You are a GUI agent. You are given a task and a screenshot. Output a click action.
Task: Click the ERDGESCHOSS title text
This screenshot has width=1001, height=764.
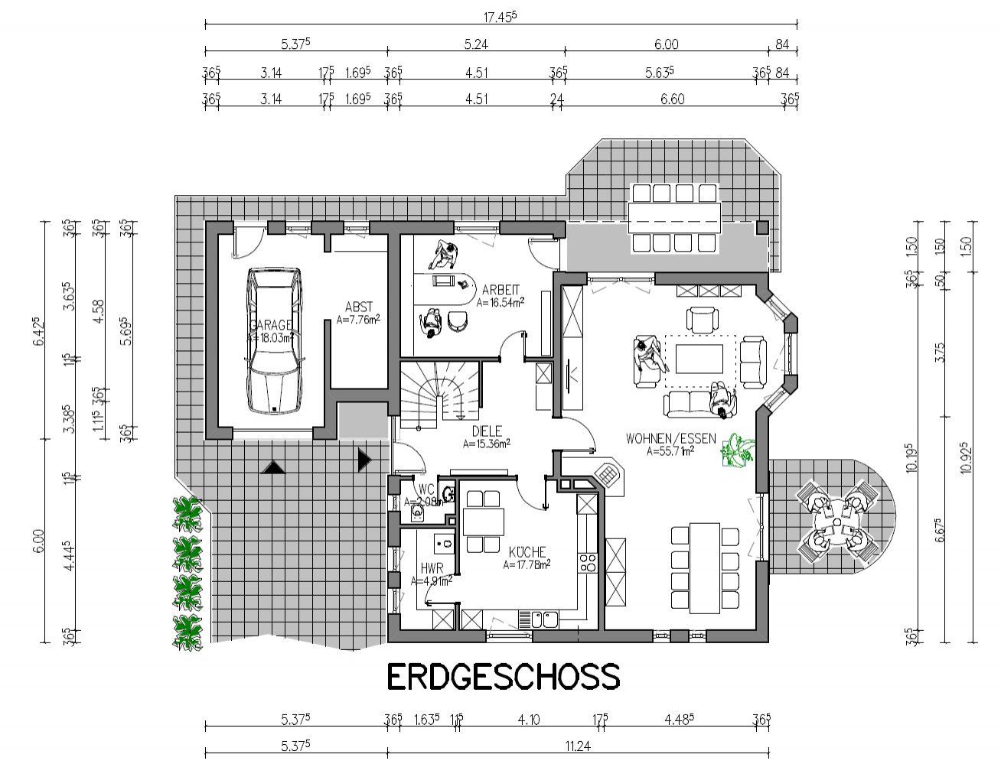502,677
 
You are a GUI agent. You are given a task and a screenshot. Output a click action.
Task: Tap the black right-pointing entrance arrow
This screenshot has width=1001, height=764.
364,460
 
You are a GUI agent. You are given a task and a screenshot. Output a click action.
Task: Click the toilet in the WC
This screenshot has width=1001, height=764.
417,511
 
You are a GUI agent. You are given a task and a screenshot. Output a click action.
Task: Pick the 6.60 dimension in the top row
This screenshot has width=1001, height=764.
672,99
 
